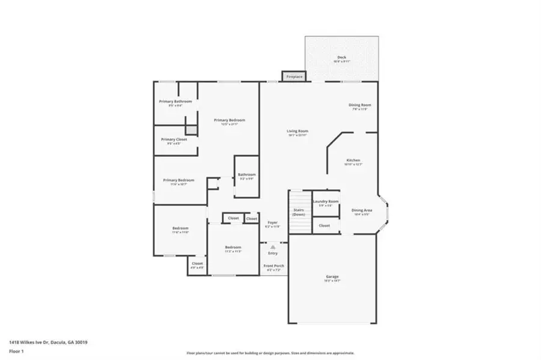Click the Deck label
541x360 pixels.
(341, 58)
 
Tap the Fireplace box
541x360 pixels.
(294, 77)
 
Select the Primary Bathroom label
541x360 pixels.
(175, 102)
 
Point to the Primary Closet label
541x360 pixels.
(174, 139)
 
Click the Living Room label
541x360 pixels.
(297, 131)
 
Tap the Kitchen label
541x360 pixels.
(353, 160)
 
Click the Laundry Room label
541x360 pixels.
(325, 201)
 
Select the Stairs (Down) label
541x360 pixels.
(299, 212)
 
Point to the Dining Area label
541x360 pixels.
(362, 210)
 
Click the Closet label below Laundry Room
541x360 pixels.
(325, 225)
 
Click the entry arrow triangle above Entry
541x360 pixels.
(273, 246)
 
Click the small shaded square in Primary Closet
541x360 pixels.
(191, 130)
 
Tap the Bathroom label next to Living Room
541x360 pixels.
(246, 174)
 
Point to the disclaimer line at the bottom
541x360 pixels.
(270, 353)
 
